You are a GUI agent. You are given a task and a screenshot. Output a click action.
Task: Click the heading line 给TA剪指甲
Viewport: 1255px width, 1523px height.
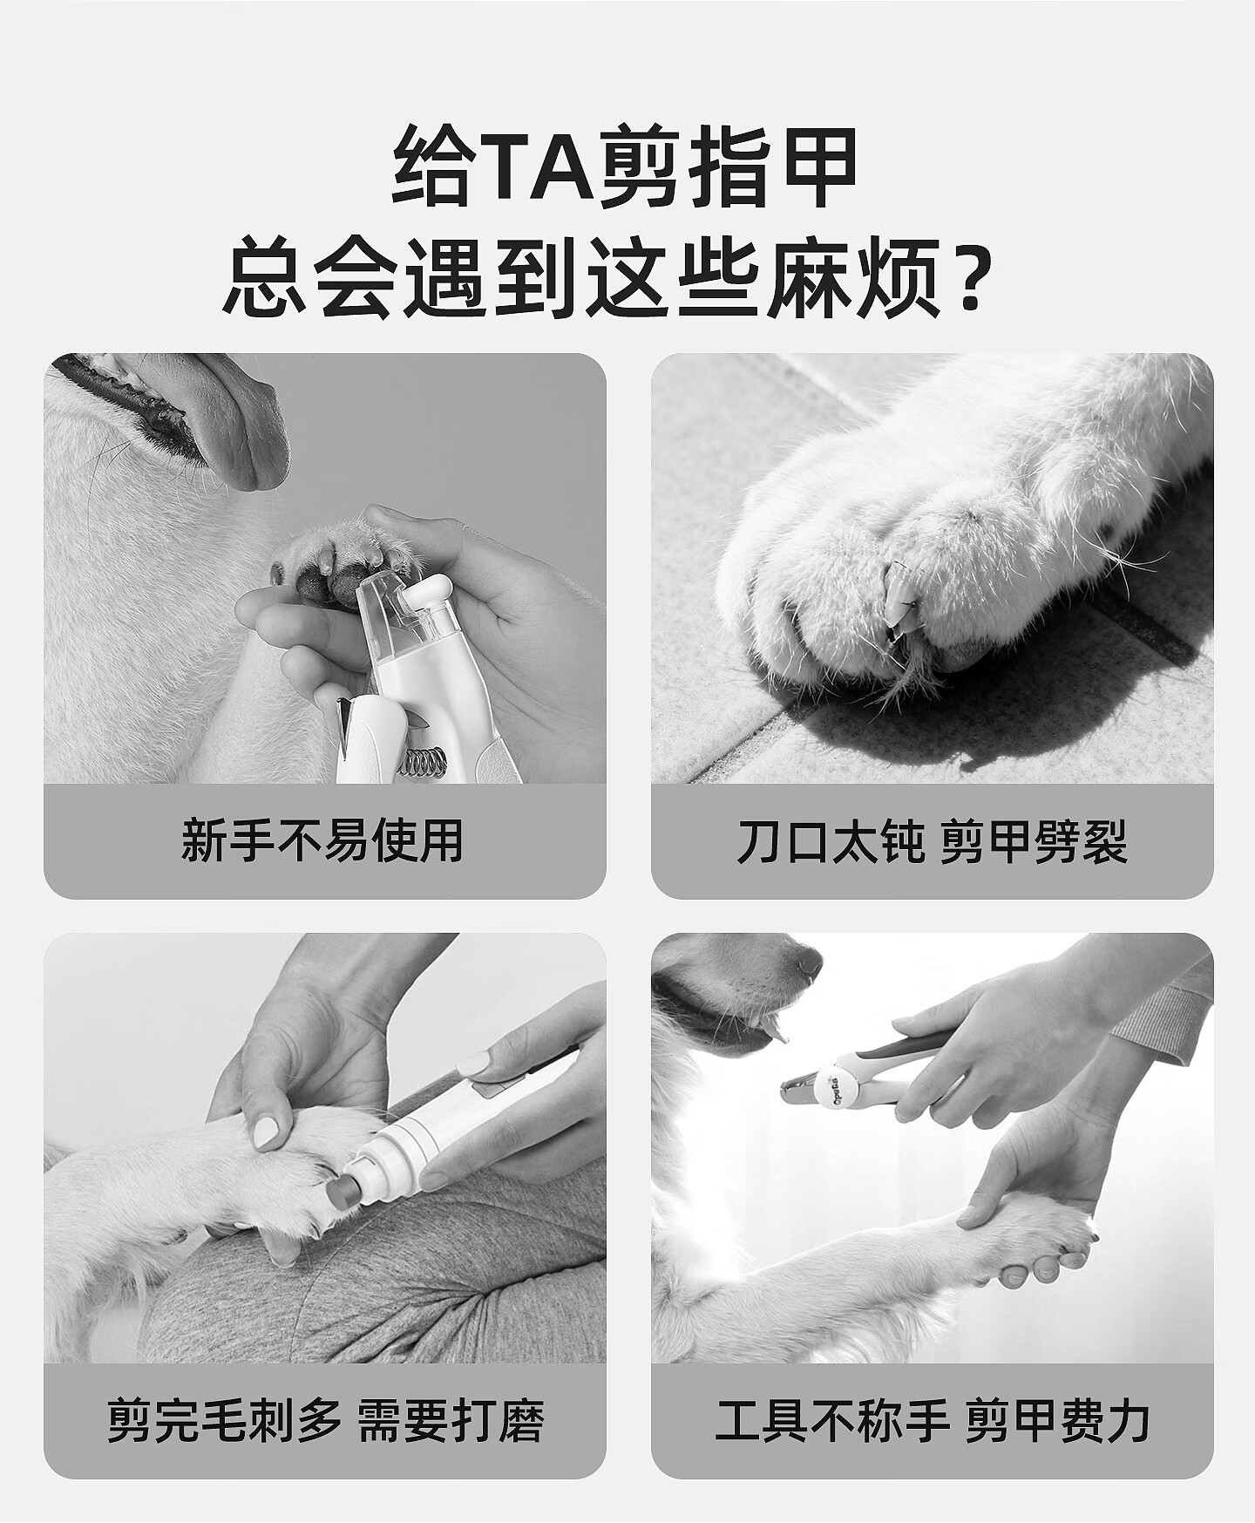[x=626, y=166]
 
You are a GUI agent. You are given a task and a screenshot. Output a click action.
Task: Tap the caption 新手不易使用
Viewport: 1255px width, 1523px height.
[x=322, y=841]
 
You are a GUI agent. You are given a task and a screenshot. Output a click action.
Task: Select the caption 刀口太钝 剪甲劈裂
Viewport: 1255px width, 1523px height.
[x=932, y=841]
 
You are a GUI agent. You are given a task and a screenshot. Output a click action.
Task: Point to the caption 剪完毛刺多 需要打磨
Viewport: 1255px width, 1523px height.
[x=325, y=1421]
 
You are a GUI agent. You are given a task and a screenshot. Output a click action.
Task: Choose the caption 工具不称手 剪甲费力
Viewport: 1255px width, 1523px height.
[x=932, y=1421]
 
